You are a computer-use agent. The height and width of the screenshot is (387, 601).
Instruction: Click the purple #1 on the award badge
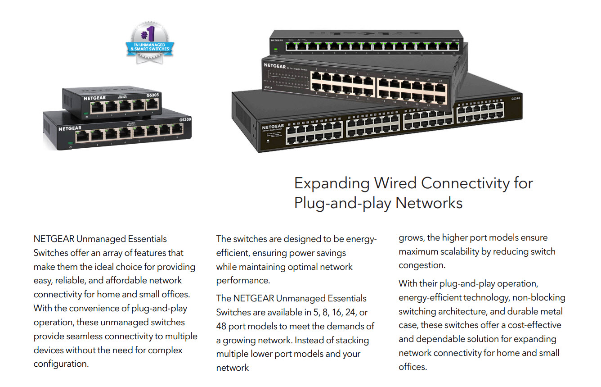[148, 34]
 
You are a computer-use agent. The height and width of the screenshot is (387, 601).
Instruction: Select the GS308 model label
[185, 120]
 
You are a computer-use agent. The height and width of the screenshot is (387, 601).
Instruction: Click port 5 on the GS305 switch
[152, 105]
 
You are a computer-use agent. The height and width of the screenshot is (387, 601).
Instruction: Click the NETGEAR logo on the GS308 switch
[70, 128]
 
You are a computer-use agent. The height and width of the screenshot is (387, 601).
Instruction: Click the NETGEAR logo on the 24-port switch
[274, 65]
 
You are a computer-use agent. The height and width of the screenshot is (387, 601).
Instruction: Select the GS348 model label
[516, 99]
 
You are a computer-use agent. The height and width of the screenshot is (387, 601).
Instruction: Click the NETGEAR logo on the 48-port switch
[273, 127]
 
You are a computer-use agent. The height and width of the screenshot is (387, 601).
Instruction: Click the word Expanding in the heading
[332, 183]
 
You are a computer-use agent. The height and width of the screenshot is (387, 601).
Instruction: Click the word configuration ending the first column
[61, 363]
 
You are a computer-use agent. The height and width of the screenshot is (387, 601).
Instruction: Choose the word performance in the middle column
[242, 280]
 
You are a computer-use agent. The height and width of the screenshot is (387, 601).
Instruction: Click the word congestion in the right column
[422, 265]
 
